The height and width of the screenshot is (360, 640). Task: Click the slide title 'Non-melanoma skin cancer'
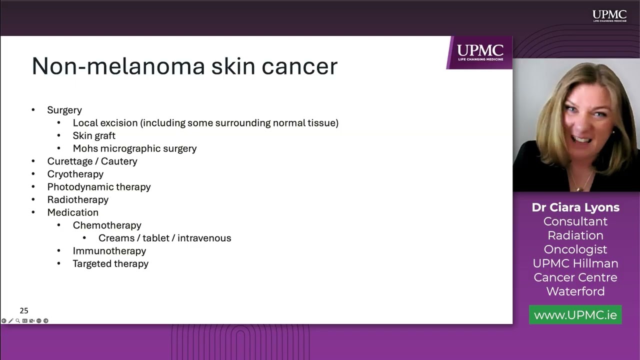pos(184,66)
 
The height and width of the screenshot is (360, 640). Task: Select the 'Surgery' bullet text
pos(64,110)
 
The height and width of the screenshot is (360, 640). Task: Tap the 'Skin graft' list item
pos(94,135)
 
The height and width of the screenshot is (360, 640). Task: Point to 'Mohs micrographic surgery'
pos(134,148)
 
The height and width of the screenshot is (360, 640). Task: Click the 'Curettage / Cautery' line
pos(92,161)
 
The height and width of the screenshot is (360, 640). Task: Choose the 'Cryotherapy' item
pos(75,174)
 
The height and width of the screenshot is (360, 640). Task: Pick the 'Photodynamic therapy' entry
pos(99,187)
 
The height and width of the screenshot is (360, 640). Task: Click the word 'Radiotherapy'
pos(77,199)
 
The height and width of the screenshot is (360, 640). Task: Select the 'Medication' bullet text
pos(72,212)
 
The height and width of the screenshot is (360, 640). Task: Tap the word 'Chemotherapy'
pos(107,225)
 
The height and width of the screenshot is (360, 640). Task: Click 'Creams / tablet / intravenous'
pos(164,238)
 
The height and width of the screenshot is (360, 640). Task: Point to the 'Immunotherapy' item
pos(109,251)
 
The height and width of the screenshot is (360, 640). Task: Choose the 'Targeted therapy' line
pos(110,263)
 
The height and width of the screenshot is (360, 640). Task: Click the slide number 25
pos(24,310)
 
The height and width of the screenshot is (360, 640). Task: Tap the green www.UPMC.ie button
pos(575,315)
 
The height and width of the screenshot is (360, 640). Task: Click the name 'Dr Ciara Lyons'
pos(575,207)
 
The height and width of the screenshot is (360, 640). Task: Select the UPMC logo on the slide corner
pos(480,51)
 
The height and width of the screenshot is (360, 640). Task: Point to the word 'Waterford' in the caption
pos(575,291)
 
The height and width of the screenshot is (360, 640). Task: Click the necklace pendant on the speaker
pos(579,188)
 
